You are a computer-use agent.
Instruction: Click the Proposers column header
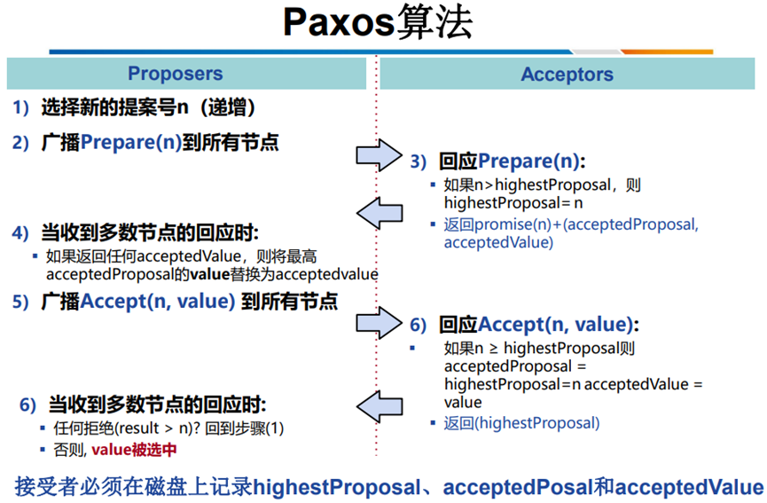176,75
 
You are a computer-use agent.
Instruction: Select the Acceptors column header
567,75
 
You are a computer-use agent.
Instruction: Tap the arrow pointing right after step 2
380,154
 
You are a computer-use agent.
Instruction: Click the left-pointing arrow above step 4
380,212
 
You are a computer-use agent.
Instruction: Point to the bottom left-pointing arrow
380,407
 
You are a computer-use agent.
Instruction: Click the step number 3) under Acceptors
419,162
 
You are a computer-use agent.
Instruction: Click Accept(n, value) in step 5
158,301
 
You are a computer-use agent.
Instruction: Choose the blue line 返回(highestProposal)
521,423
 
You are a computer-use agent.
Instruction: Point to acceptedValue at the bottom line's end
689,487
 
